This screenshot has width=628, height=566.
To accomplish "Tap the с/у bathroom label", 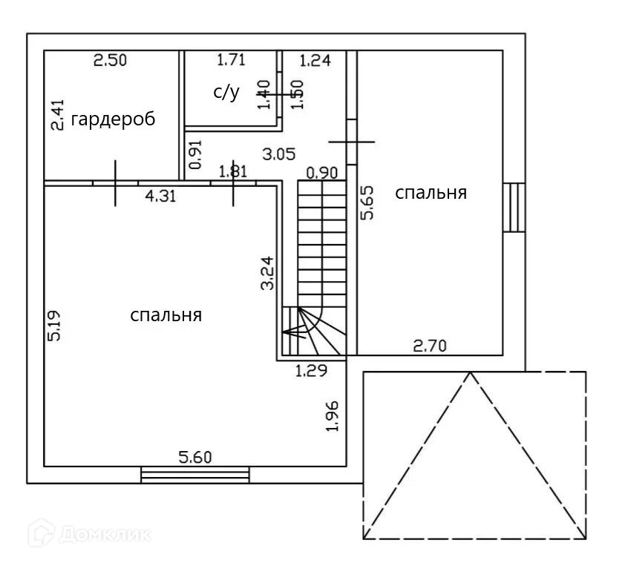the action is click(226, 92).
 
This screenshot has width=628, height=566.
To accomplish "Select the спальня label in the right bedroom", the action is click(431, 193).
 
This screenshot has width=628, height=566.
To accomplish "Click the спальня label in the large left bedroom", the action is click(166, 315).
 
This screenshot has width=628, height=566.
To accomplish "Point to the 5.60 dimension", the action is click(194, 457).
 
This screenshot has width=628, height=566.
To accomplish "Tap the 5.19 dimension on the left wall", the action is click(54, 325).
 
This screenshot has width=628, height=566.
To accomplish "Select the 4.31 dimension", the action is click(160, 197).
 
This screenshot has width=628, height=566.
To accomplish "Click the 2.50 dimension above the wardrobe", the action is click(110, 61).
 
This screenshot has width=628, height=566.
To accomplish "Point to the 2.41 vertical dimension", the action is click(57, 115).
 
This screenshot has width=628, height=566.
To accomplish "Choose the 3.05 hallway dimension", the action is click(280, 154).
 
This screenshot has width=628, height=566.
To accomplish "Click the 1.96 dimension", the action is click(333, 415).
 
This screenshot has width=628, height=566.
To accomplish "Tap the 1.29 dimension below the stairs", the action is click(311, 371).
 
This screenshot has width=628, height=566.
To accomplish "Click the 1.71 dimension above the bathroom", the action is click(231, 59).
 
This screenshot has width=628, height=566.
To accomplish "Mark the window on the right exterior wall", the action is click(514, 207).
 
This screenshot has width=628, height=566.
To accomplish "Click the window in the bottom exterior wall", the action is click(194, 474).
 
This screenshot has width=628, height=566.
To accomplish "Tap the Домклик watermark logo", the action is click(90, 533).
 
